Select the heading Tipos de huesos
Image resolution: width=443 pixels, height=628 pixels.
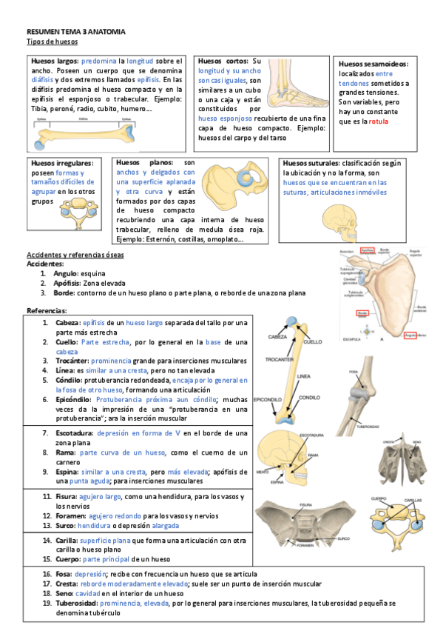(47, 43)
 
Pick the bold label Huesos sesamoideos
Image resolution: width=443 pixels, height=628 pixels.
(373, 64)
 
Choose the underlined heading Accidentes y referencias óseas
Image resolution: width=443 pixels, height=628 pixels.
(75, 255)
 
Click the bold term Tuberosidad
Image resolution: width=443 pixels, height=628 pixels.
(78, 604)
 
